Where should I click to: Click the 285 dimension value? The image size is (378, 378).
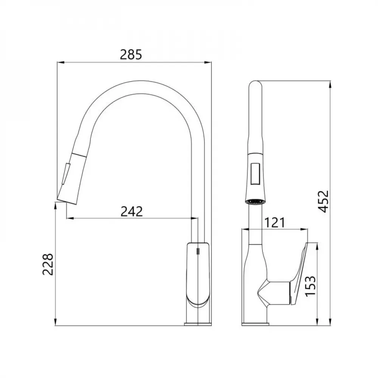click(x=131, y=55)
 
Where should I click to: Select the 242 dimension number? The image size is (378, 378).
click(x=132, y=211)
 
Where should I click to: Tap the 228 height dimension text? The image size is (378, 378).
click(x=48, y=264)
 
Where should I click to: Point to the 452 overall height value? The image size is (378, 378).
click(x=324, y=202)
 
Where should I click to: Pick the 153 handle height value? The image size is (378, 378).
click(x=310, y=287)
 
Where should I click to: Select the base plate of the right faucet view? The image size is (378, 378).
click(x=256, y=324)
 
